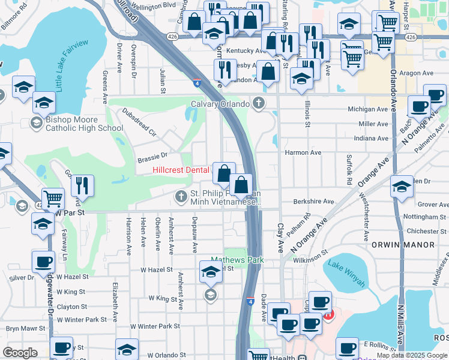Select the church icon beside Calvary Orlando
(259, 103)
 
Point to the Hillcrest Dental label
(181, 170)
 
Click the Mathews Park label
(237, 260)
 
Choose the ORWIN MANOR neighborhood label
(411, 245)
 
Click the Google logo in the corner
(20, 352)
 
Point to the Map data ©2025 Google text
(411, 355)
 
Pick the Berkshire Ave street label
(313, 202)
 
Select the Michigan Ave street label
(369, 109)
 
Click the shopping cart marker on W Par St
(53, 198)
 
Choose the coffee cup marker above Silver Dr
(44, 262)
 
